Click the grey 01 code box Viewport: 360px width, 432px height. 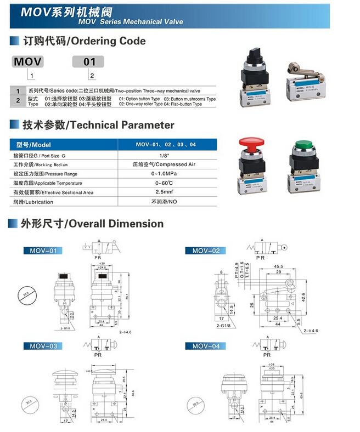[89, 61]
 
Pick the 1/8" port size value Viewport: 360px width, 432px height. [165, 155]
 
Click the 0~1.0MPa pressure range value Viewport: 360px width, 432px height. [165, 174]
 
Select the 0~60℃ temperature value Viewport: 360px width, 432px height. [165, 183]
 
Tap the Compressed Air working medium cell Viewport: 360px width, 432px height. [165, 164]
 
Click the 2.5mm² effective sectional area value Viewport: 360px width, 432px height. [165, 192]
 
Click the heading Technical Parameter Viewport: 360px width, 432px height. [99, 125]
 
